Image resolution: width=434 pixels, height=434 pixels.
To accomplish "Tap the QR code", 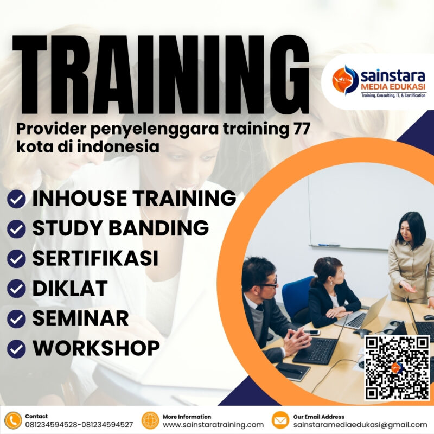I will click(x=397, y=367).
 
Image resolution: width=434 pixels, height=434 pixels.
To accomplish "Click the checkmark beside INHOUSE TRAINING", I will click(x=17, y=199).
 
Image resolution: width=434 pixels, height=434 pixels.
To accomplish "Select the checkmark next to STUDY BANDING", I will click(x=17, y=229).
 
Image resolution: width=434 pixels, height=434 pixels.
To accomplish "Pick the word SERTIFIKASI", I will click(x=95, y=258).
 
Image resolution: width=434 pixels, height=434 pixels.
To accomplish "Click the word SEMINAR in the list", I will click(x=80, y=318).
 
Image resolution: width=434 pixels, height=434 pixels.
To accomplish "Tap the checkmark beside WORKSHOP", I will click(x=17, y=348).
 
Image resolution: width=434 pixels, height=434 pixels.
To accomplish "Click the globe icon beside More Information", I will click(x=150, y=420).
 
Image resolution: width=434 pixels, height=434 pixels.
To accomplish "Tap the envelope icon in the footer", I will click(x=280, y=420).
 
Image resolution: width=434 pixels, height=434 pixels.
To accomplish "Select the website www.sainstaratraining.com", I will click(x=213, y=425).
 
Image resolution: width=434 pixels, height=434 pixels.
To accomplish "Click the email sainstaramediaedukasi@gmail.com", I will click(x=360, y=425).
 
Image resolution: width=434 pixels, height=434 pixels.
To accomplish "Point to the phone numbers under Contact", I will click(x=79, y=425).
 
